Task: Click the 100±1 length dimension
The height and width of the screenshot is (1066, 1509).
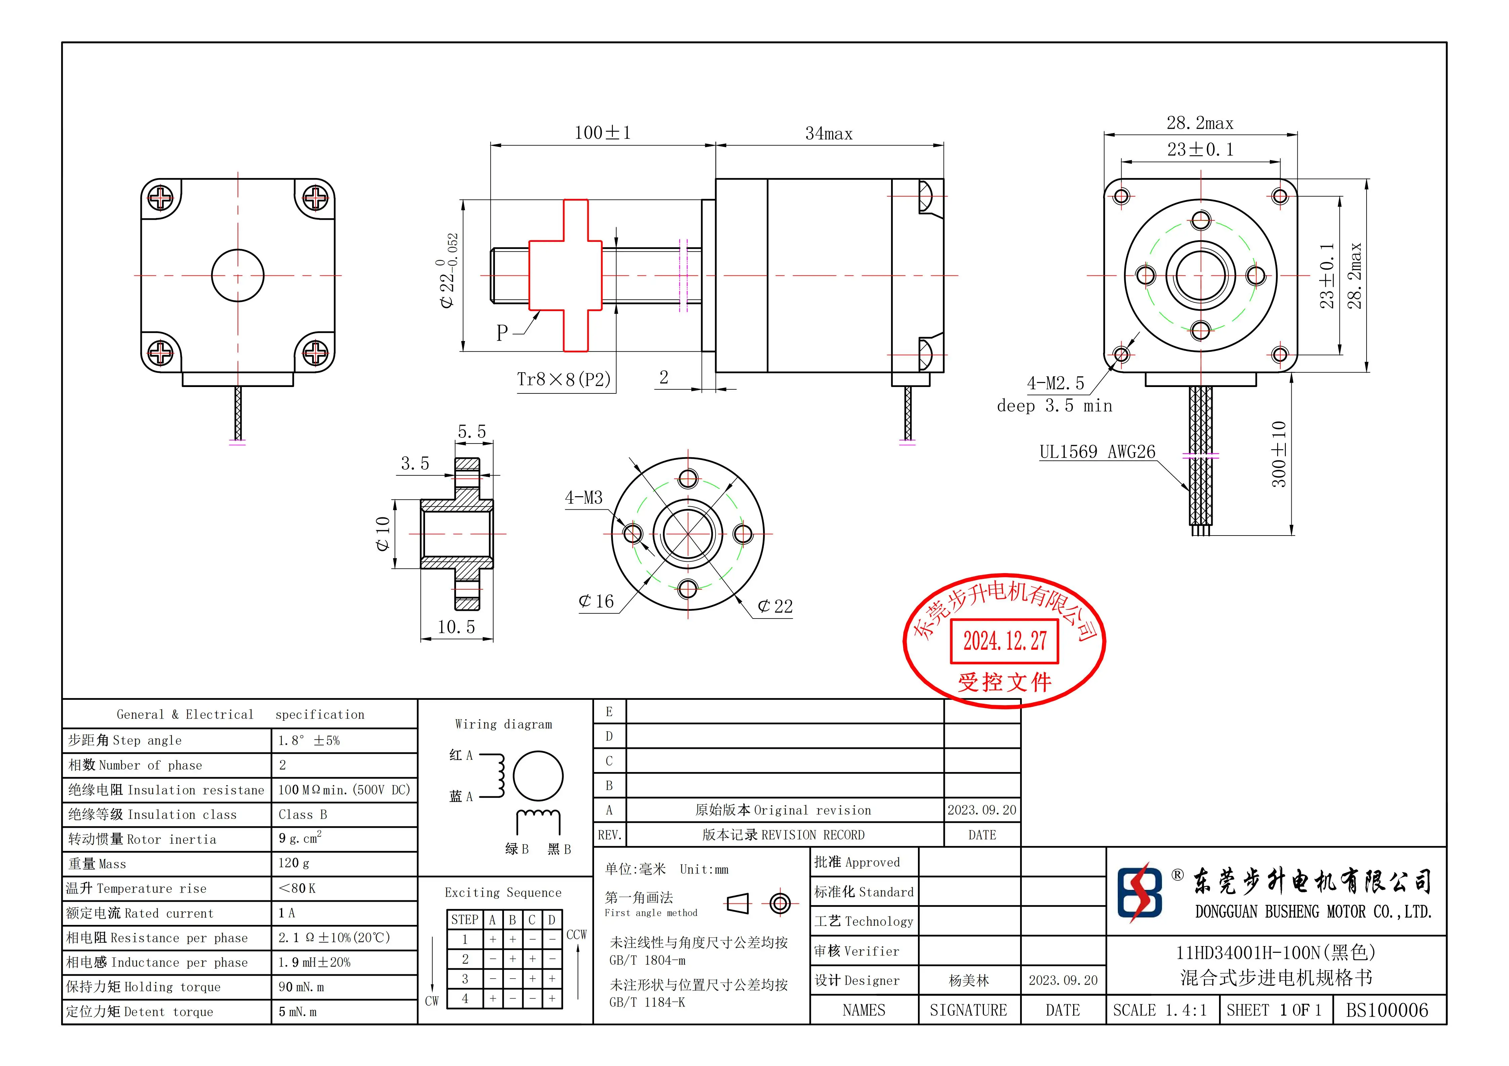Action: point(602,133)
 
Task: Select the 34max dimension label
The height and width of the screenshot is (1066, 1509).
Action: point(829,134)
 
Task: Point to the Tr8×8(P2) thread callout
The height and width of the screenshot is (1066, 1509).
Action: point(564,379)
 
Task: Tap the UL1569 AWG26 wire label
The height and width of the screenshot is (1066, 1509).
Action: point(1097,452)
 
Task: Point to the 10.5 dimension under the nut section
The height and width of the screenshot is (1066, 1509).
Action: point(456,627)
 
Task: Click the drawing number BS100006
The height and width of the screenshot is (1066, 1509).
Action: point(1387,1010)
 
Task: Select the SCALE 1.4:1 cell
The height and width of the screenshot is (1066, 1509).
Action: point(1160,1010)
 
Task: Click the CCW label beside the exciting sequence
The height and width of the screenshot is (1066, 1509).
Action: point(576,935)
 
